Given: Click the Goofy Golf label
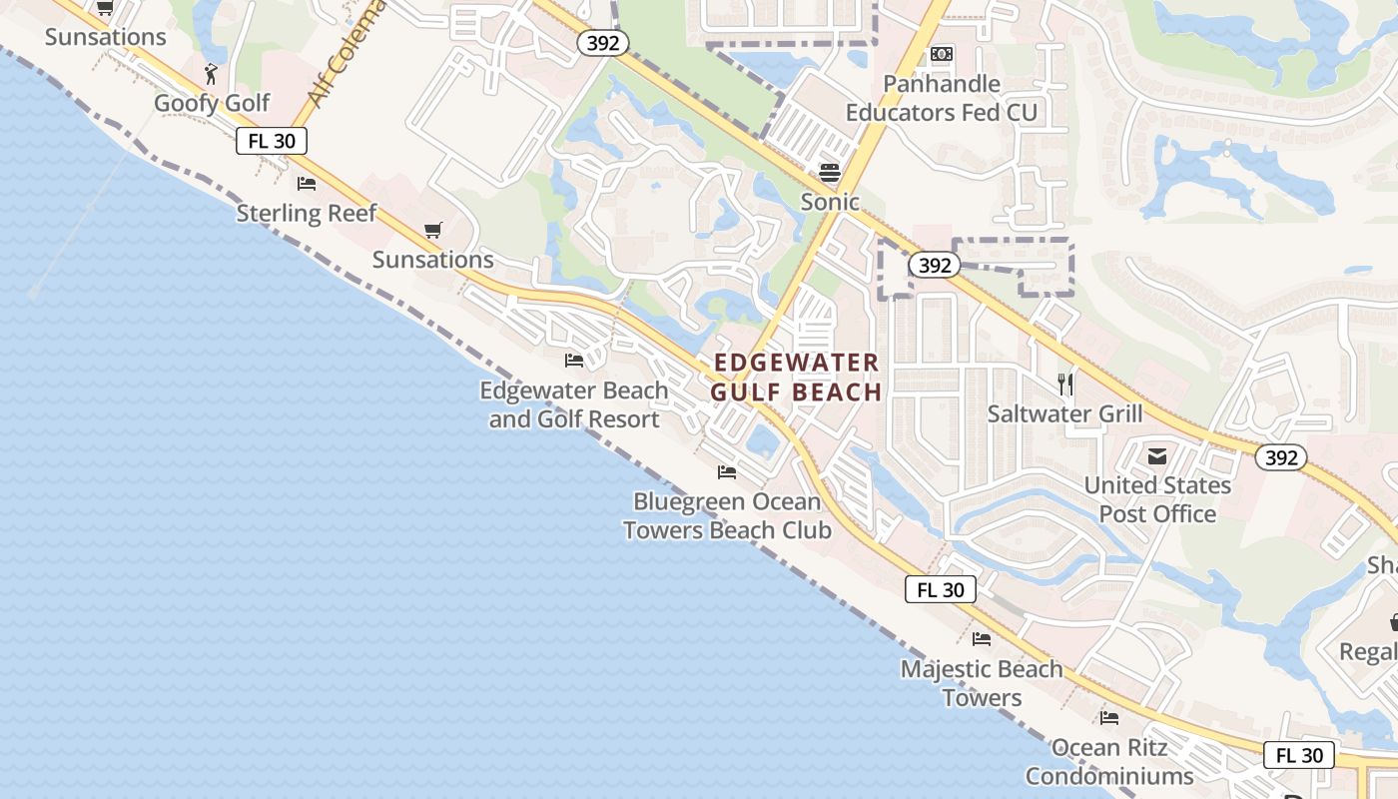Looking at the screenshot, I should click(212, 103).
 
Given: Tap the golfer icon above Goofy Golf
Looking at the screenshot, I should click(211, 73).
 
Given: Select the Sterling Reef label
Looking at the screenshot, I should click(307, 213).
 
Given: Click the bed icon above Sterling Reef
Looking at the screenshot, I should click(307, 184).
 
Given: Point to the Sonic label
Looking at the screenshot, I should click(830, 202).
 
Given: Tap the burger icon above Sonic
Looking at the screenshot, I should click(830, 172).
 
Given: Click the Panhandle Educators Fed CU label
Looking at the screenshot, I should click(942, 98).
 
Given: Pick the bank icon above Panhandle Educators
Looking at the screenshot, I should click(942, 54).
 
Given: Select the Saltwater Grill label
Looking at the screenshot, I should click(1064, 413).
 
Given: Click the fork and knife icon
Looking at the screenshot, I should click(1065, 384).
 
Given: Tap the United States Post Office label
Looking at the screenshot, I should click(1157, 499).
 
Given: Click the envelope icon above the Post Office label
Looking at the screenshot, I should click(1157, 456).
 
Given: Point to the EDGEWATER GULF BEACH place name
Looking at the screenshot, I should click(797, 378).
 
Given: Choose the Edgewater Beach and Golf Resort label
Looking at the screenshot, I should click(574, 404).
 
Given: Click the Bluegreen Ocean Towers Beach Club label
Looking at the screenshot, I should click(727, 515).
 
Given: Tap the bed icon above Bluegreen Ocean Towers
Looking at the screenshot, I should click(727, 471).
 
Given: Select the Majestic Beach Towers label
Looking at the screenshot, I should click(982, 683).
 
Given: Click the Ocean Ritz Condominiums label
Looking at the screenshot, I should click(1108, 761).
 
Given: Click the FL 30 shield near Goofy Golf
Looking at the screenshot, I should click(272, 141).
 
